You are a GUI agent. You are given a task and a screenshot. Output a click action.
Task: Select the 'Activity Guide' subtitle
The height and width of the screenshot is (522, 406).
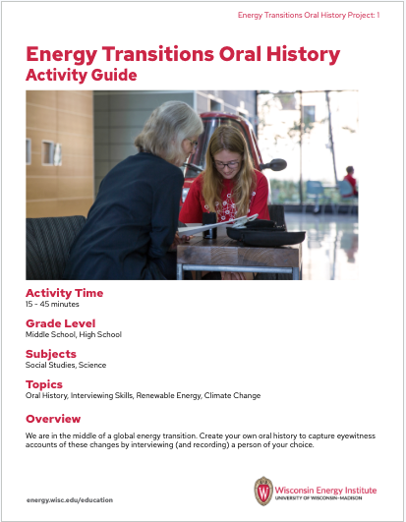click(x=82, y=76)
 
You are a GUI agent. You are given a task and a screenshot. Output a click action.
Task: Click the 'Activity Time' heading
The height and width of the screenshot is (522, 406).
click(x=64, y=293)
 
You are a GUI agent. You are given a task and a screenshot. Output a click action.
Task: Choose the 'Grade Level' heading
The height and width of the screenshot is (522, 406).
click(x=61, y=322)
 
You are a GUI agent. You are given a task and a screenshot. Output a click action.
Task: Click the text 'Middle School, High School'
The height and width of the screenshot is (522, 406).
click(x=71, y=335)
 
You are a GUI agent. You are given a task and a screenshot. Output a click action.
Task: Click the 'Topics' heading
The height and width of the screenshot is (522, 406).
click(x=44, y=383)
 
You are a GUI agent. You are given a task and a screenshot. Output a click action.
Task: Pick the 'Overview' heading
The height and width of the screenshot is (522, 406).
click(x=53, y=419)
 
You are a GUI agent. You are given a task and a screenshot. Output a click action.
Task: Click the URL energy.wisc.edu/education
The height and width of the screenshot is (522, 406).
click(x=70, y=499)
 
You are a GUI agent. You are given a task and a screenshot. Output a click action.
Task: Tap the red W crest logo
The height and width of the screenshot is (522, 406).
click(x=262, y=491)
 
